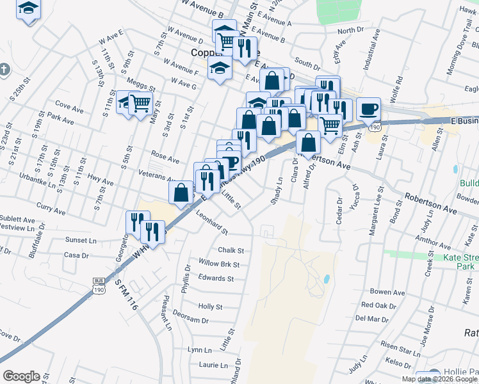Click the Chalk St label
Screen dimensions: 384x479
[231, 251]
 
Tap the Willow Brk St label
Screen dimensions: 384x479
[219, 264]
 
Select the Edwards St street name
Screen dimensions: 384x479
[216, 278]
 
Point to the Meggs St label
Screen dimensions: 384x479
[141, 86]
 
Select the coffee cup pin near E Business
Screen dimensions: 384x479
[368, 109]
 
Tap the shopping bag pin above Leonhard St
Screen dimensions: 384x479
[181, 193]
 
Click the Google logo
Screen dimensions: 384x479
[21, 376]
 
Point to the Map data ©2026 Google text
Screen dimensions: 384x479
[439, 379]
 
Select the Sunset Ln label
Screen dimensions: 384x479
[81, 240]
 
